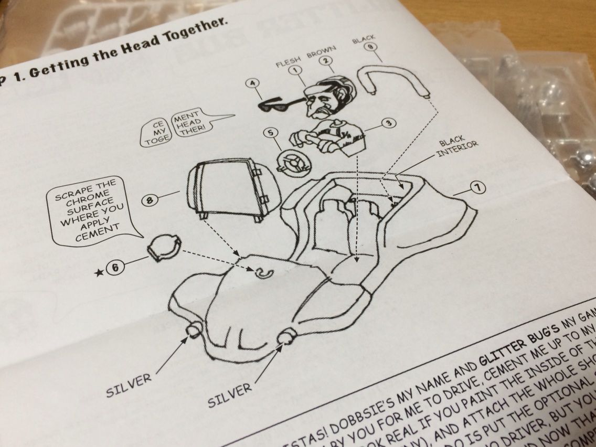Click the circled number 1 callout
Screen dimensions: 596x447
[x=296, y=69]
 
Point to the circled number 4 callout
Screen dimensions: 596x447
[x=253, y=83]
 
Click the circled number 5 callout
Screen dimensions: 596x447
[x=271, y=133]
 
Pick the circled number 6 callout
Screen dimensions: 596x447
[x=116, y=267]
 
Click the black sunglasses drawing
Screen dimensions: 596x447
[x=280, y=105]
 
